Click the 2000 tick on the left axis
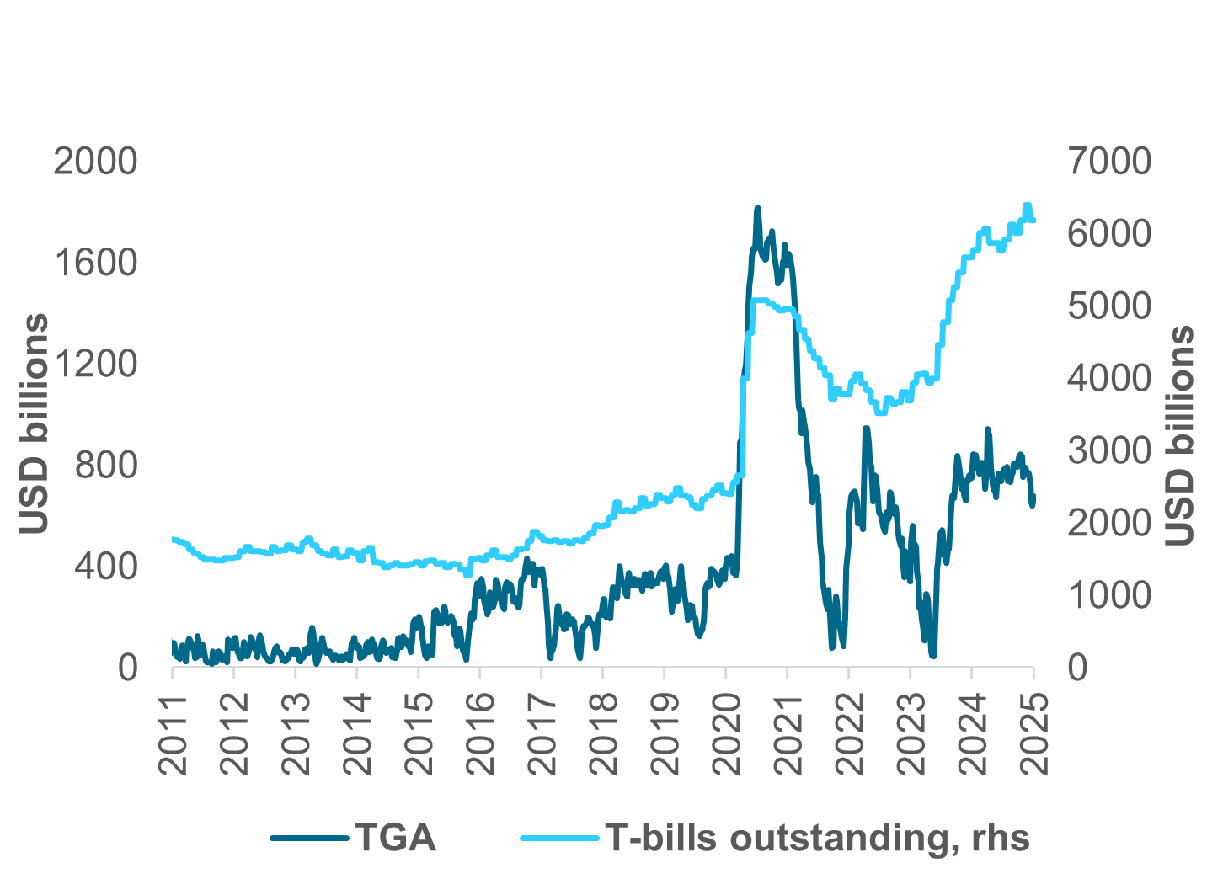point(95,161)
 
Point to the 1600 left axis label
point(95,263)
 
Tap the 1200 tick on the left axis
point(95,364)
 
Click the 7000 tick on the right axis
point(1109,161)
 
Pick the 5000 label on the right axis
point(1109,306)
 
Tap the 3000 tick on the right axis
point(1109,450)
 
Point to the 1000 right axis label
point(1109,595)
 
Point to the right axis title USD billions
point(1180,435)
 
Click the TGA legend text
point(395,838)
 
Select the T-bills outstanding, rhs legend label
point(817,838)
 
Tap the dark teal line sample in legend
point(309,838)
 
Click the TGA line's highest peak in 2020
point(757,207)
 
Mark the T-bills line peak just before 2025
point(1027,205)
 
